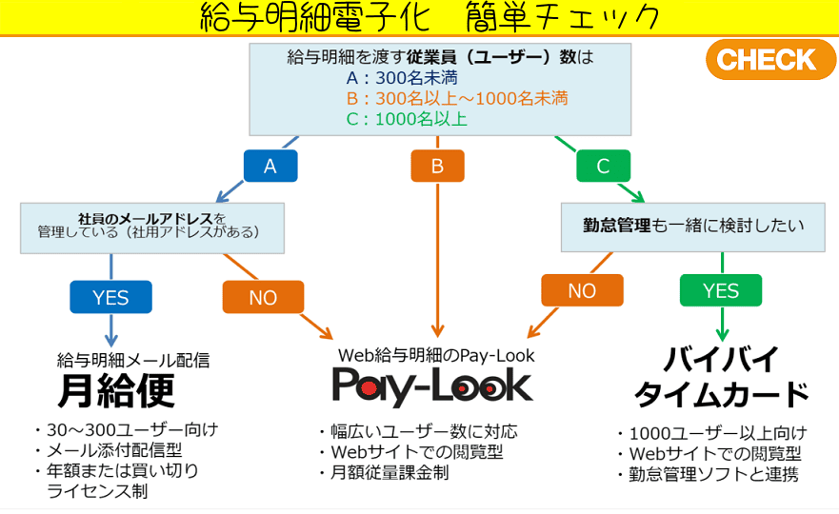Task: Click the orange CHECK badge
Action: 767,59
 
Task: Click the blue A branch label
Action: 270,166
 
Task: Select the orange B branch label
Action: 437,166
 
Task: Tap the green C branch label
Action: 603,166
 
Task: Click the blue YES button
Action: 110,297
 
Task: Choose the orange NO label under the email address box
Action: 263,297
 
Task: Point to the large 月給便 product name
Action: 117,391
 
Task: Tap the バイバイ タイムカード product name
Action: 722,377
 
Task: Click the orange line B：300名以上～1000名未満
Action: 457,98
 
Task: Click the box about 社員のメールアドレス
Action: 152,226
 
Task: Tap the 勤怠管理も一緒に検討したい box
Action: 693,227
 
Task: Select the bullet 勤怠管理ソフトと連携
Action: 712,474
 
